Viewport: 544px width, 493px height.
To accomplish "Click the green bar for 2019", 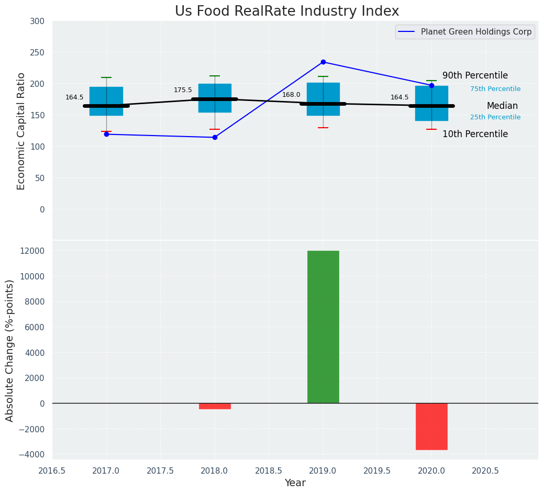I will [323, 327].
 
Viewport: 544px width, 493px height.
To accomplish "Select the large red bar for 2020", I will [431, 426].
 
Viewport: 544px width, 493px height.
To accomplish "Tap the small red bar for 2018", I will [215, 406].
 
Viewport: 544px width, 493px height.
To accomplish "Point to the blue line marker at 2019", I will [323, 62].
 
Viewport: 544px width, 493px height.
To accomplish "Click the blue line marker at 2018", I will [215, 138].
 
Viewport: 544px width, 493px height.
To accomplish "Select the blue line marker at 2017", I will [106, 135].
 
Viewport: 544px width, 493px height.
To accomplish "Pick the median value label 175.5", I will [183, 90].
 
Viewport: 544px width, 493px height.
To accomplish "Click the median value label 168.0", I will [291, 95].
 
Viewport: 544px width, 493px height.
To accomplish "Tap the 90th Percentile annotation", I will [475, 75].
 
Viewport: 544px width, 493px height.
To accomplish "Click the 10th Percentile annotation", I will [475, 134].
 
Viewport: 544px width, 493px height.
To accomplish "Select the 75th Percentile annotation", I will [495, 89].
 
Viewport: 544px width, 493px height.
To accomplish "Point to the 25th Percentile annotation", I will [495, 117].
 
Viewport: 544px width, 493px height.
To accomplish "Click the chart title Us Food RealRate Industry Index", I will [287, 12].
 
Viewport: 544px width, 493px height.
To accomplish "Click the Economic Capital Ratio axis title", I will [21, 131].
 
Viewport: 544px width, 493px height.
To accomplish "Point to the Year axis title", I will [295, 483].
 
